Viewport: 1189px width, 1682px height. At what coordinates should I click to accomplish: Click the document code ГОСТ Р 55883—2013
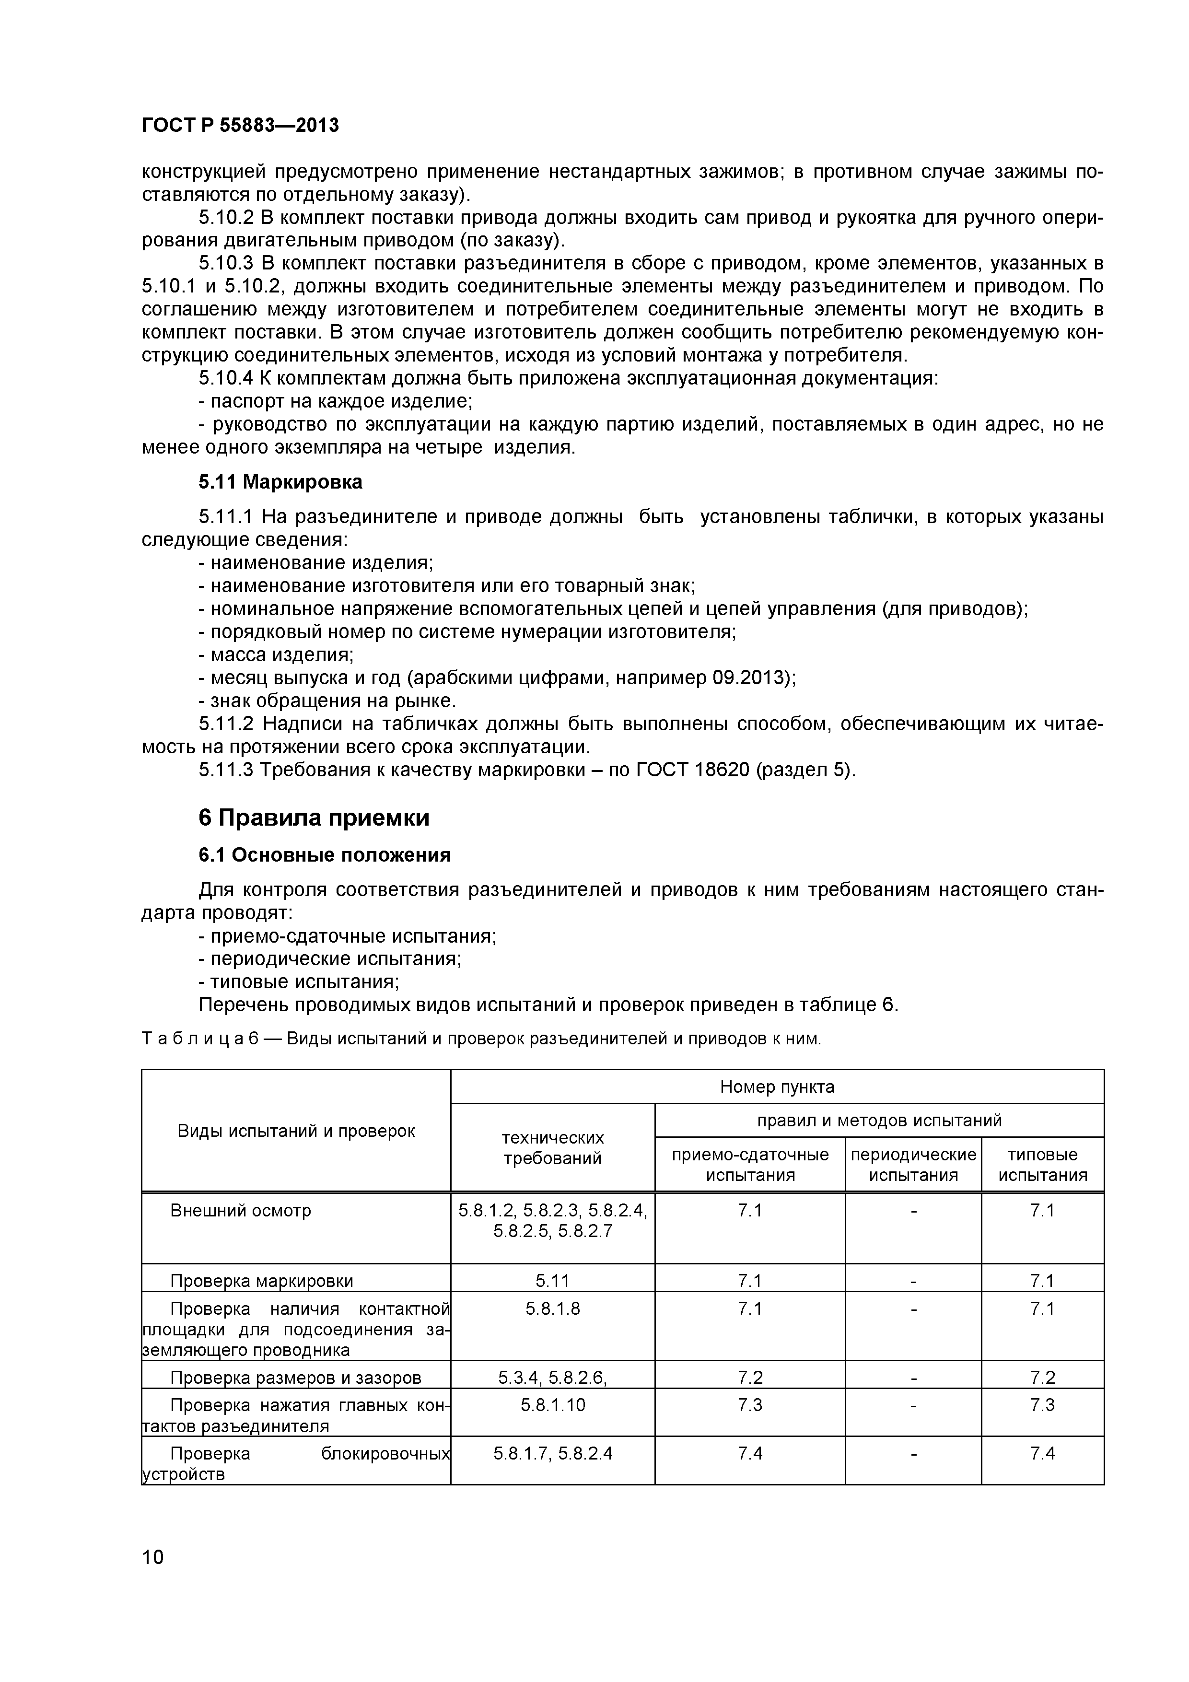[240, 125]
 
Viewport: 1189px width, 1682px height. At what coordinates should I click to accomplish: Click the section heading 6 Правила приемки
[314, 818]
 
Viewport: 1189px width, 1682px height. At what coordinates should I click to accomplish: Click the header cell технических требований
[552, 1148]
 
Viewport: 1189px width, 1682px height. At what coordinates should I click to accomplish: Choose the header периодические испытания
[913, 1165]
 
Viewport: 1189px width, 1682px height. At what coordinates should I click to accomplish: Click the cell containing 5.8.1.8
[552, 1308]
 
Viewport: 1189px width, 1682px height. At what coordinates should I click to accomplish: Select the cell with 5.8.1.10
[552, 1405]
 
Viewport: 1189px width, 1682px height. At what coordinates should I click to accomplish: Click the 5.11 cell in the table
[552, 1281]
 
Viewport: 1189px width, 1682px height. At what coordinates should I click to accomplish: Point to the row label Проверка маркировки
[262, 1281]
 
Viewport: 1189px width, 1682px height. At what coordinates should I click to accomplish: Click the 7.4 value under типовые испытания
[1042, 1453]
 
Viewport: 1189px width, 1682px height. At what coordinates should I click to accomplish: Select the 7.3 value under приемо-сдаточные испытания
[749, 1405]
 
